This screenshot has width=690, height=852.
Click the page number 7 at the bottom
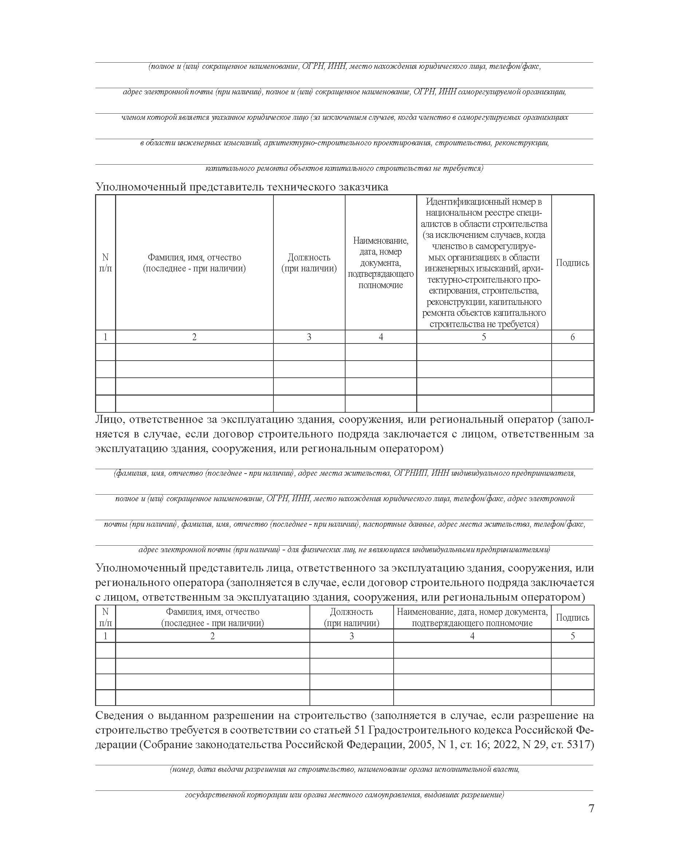(x=591, y=808)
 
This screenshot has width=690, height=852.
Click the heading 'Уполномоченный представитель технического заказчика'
(x=242, y=187)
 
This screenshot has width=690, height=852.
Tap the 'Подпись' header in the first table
(x=572, y=263)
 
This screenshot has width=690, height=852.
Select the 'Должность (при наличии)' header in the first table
(x=309, y=263)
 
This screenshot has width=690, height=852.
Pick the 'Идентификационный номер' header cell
(x=484, y=263)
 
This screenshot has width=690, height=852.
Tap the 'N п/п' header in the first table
(x=105, y=263)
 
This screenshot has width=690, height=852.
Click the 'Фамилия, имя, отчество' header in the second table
(x=212, y=617)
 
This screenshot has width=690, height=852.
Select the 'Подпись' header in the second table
(x=572, y=617)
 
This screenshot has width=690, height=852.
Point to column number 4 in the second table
(x=472, y=636)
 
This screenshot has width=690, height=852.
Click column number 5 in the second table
(x=572, y=636)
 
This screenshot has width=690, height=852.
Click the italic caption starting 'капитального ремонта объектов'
(x=344, y=169)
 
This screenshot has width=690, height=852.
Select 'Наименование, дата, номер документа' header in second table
(x=472, y=617)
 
